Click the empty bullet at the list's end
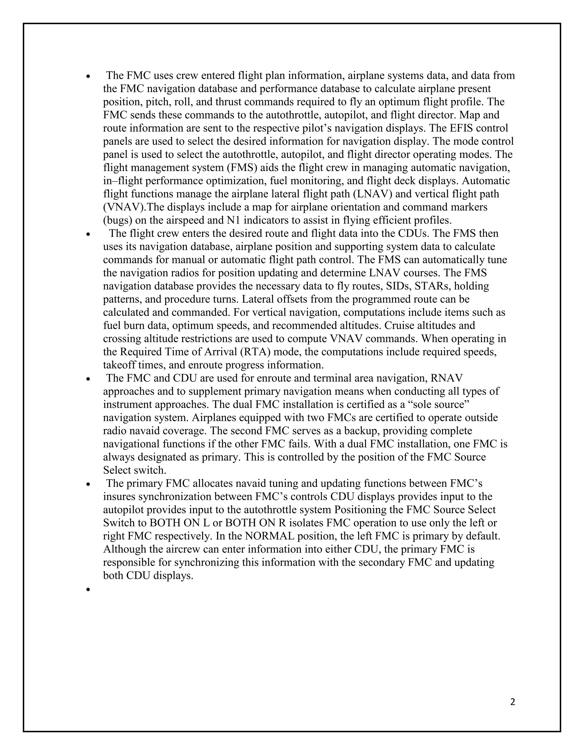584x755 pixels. coord(88,589)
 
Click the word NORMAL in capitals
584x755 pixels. coord(269,536)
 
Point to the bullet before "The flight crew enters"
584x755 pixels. coord(88,234)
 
